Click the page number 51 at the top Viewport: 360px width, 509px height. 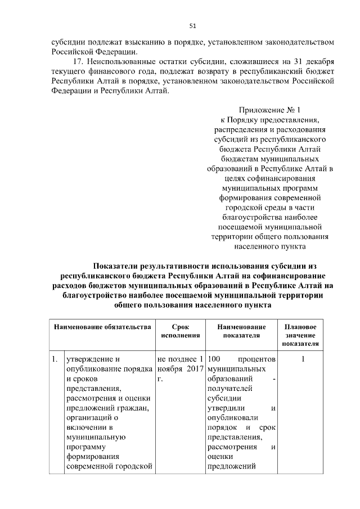point(192,25)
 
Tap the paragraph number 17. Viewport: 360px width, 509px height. point(78,61)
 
